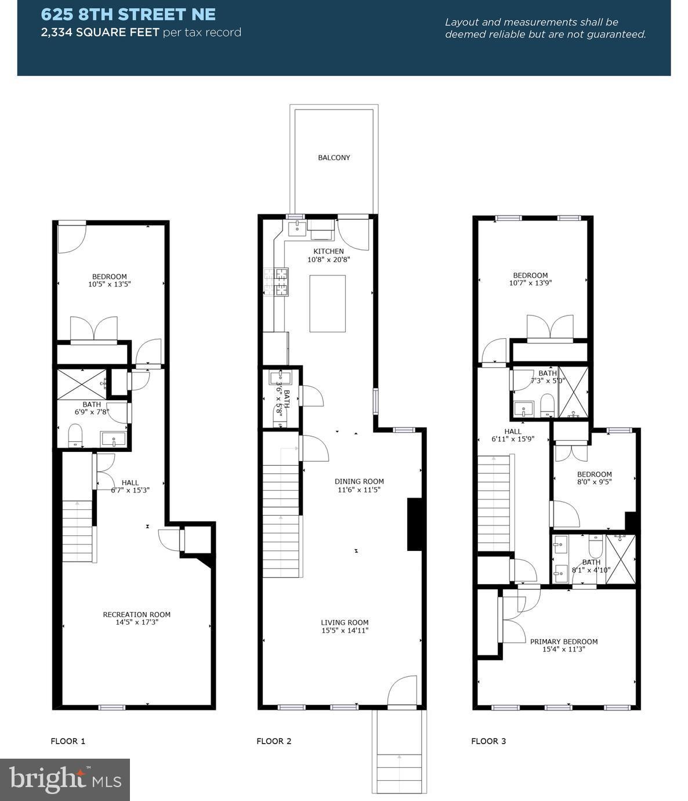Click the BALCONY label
[x=334, y=157]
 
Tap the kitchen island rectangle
[x=328, y=303]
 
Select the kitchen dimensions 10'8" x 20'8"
[x=328, y=260]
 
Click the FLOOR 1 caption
[x=68, y=741]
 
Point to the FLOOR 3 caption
[x=488, y=741]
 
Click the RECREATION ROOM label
[x=136, y=614]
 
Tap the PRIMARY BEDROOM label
[x=564, y=641]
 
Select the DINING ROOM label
[x=359, y=481]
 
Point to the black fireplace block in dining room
[x=414, y=524]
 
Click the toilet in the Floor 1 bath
[x=75, y=436]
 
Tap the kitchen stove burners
[x=276, y=282]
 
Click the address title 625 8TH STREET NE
[x=128, y=15]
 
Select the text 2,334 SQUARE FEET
[x=100, y=32]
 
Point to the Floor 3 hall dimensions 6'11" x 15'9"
[x=513, y=439]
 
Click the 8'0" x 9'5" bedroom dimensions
[x=594, y=481]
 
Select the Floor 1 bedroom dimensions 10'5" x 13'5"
[x=109, y=284]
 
